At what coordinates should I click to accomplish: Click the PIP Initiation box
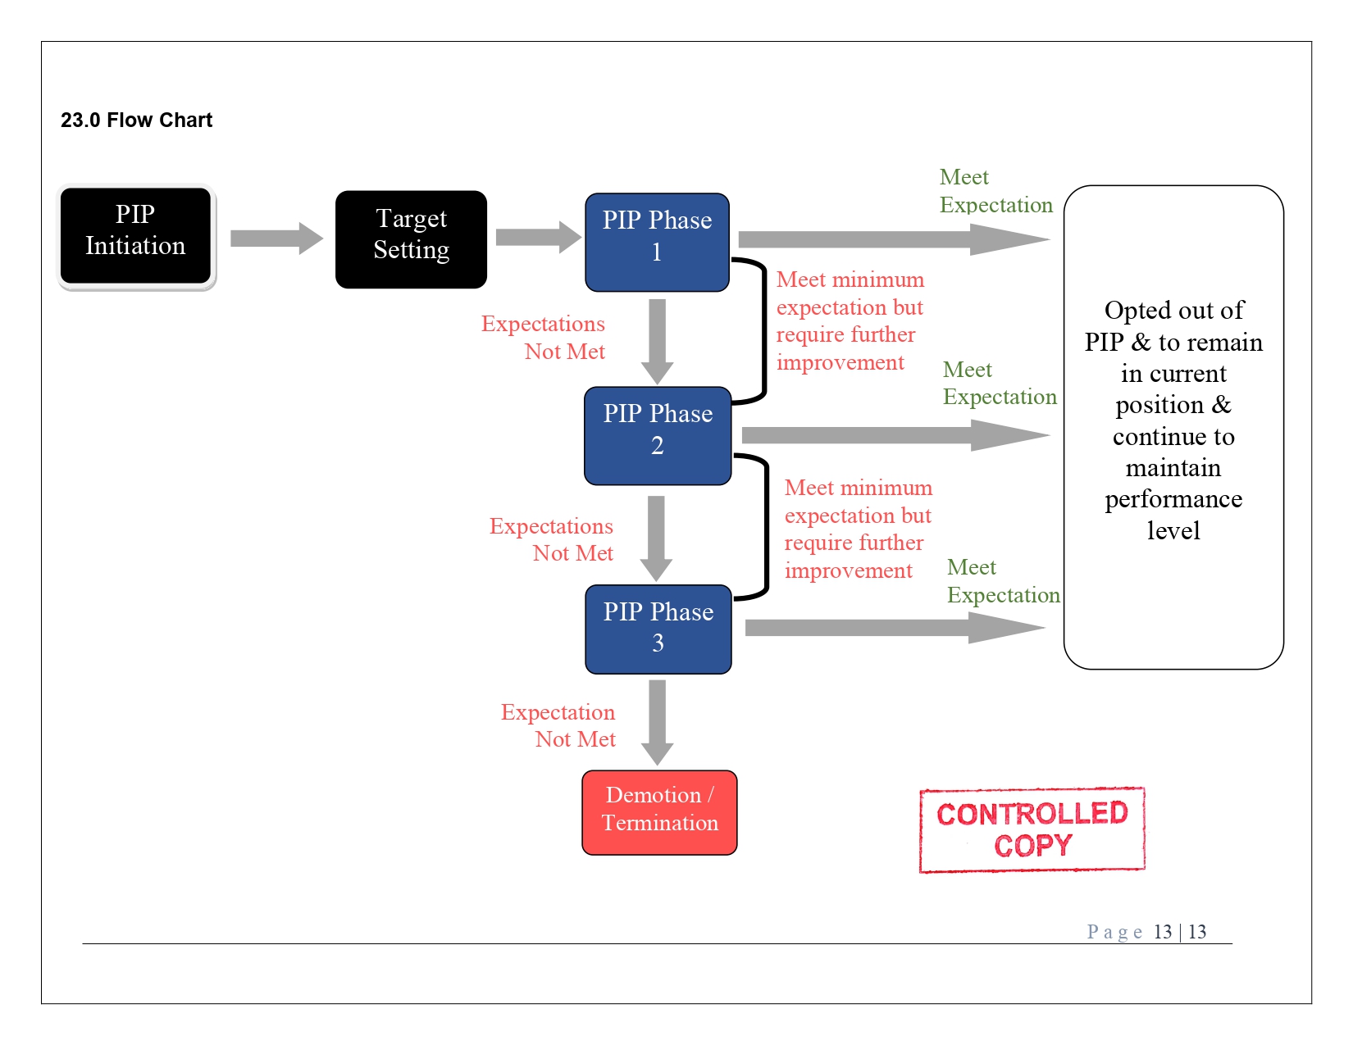point(135,236)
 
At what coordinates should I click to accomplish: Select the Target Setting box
point(411,239)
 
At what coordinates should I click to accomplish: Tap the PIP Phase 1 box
point(657,242)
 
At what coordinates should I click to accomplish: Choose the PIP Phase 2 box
point(657,435)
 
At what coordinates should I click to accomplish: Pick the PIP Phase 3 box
point(658,629)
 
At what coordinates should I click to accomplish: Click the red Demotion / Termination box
point(659,812)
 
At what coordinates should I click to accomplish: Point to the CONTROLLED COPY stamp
point(1032,829)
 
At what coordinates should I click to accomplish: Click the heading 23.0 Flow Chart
point(136,120)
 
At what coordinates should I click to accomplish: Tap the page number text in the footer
point(1146,932)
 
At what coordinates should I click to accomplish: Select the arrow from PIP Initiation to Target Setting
point(276,239)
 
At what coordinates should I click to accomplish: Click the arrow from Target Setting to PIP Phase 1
point(538,237)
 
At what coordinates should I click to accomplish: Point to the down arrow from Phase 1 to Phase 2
point(657,340)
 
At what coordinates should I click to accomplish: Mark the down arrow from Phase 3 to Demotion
point(657,721)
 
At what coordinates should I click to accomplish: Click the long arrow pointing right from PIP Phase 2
point(894,435)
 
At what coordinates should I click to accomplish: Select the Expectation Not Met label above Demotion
point(558,725)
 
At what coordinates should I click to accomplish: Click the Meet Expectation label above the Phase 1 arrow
point(995,191)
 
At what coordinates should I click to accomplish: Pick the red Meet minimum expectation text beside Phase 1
point(850,320)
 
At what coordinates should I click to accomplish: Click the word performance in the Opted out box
point(1173,499)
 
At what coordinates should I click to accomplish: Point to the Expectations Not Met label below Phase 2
point(552,539)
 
